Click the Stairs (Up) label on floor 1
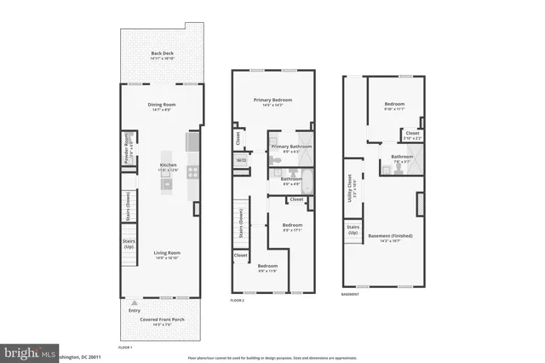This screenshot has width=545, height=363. tap(127, 248)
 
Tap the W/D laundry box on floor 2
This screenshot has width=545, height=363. tap(241, 159)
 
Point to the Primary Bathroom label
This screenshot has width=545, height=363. tap(291, 147)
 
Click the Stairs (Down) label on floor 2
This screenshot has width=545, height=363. tap(242, 224)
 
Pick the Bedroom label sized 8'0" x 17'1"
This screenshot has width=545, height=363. tap(292, 227)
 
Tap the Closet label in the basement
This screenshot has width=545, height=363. tap(412, 134)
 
